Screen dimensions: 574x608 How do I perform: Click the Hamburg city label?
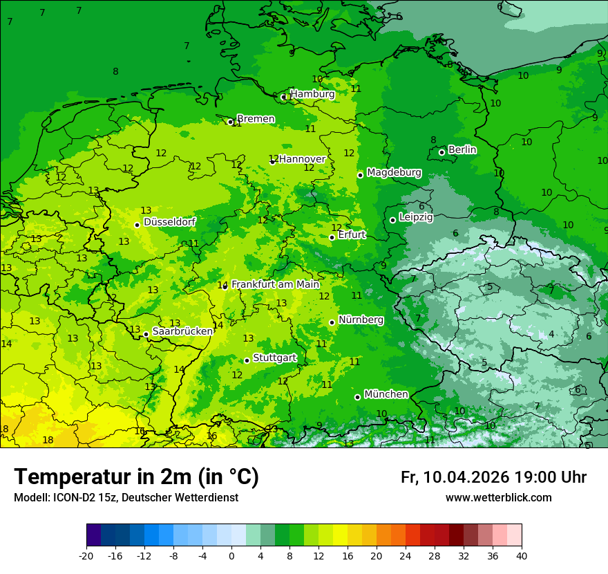pyautogui.click(x=312, y=94)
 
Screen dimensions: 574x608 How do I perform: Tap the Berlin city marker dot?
pyautogui.click(x=442, y=152)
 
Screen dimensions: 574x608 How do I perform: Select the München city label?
pyautogui.click(x=386, y=394)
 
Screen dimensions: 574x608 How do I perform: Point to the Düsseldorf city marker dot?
pyautogui.click(x=137, y=225)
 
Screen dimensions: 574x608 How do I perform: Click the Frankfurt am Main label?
pyautogui.click(x=275, y=284)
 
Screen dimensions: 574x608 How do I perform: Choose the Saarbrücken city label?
pyautogui.click(x=182, y=331)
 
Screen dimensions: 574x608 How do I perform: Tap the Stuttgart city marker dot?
pyautogui.click(x=247, y=360)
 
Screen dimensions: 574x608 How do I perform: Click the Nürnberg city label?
pyautogui.click(x=361, y=320)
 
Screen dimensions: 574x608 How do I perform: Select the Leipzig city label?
pyautogui.click(x=416, y=217)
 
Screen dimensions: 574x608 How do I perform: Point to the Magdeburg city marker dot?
pyautogui.click(x=360, y=175)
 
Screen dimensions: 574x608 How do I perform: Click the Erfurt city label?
pyautogui.click(x=352, y=235)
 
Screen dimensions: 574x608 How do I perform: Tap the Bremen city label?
pyautogui.click(x=256, y=119)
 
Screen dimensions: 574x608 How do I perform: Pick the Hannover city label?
pyautogui.click(x=302, y=159)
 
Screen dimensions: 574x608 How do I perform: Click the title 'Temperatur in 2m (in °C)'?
pyautogui.click(x=137, y=477)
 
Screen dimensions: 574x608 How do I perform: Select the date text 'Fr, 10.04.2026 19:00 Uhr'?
pyautogui.click(x=493, y=477)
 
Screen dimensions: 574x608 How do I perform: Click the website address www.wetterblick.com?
pyautogui.click(x=498, y=498)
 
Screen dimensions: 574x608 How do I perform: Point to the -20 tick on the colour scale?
pyautogui.click(x=86, y=555)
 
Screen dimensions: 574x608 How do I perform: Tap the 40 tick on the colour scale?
pyautogui.click(x=521, y=555)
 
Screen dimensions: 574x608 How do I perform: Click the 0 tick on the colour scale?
pyautogui.click(x=231, y=555)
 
